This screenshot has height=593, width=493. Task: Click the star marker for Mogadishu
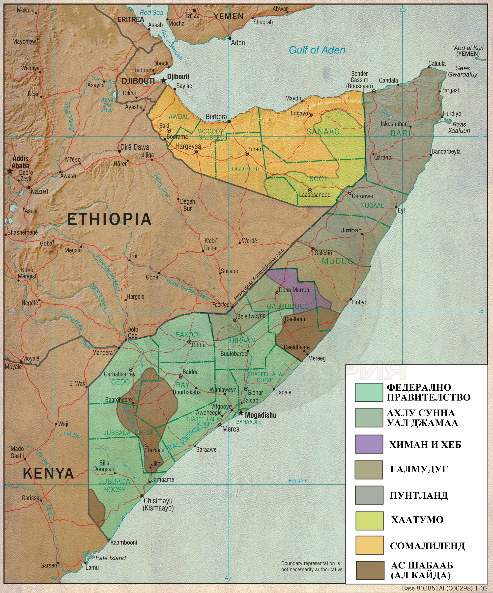(240, 413)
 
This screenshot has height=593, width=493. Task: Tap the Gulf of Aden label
(317, 50)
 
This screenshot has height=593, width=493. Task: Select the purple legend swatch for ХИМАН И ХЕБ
(369, 444)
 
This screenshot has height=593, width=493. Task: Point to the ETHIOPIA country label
(109, 219)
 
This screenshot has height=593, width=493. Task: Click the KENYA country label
(48, 473)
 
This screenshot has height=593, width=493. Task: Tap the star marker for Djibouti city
(164, 80)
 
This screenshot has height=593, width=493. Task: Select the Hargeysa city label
(188, 146)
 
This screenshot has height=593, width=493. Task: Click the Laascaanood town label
(315, 195)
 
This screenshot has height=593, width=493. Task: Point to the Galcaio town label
(323, 253)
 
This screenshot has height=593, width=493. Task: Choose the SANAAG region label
(323, 131)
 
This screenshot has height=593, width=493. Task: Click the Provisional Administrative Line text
(259, 274)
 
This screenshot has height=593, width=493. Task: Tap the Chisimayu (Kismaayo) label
(158, 504)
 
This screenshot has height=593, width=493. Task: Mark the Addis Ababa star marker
(10, 171)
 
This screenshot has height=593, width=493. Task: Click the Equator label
(297, 481)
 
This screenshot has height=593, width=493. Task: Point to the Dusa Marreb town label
(294, 290)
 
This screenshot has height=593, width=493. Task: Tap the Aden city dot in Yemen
(230, 38)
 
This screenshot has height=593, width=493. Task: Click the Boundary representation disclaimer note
(313, 566)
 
